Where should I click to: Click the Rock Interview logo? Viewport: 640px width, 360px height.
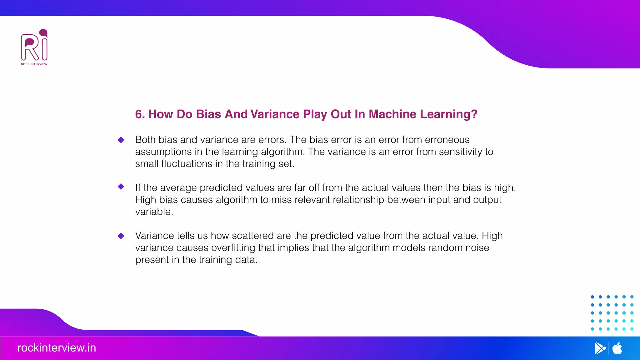point(34,47)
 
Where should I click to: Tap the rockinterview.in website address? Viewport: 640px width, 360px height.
point(57,348)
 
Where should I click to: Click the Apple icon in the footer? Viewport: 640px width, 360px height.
point(617,348)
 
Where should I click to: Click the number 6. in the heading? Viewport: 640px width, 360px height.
point(140,114)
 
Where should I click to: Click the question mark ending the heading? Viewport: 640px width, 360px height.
point(474,114)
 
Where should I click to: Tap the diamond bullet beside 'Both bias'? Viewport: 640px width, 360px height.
point(121,140)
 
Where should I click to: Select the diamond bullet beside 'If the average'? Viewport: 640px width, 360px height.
point(121,187)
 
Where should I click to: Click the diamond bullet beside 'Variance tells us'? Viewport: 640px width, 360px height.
point(121,236)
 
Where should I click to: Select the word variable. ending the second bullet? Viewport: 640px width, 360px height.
point(154,212)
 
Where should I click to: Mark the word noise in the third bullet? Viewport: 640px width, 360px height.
point(477,248)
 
